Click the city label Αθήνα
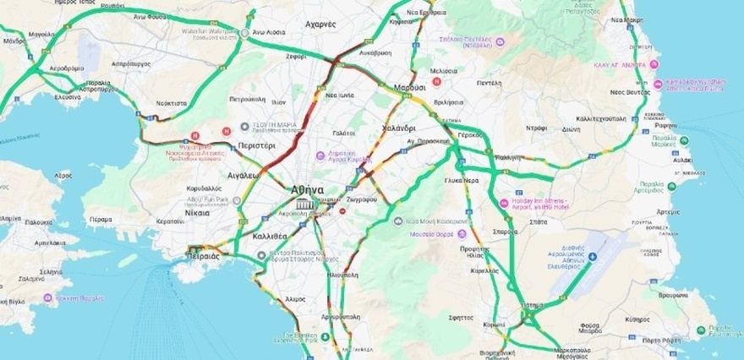point(307,189)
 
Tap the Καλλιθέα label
point(271,236)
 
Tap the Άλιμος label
point(296,298)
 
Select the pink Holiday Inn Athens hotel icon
point(505,204)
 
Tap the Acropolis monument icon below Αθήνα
point(302,205)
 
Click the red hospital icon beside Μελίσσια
point(437,82)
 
